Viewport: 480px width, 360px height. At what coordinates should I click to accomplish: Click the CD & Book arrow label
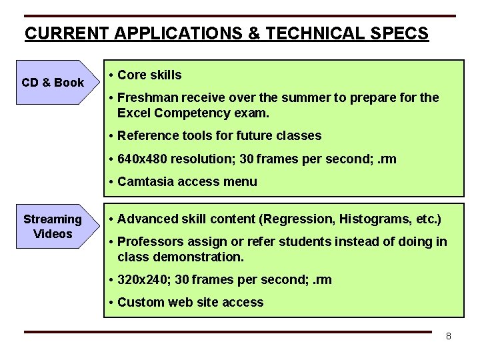coord(53,83)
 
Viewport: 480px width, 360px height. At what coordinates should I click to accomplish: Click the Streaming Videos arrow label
coord(53,227)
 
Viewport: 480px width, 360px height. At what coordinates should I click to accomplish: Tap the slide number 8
coord(449,336)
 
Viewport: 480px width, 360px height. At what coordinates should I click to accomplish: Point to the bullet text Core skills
coord(149,75)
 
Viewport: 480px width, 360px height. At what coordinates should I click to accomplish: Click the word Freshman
coord(145,98)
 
